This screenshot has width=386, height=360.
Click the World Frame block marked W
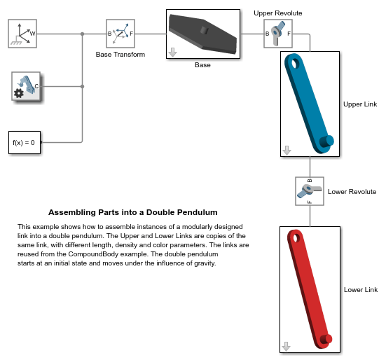tap(23, 33)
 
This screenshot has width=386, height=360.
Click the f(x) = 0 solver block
tap(24, 142)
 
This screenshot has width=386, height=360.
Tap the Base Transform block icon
tap(120, 33)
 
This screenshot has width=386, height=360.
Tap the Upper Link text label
tap(360, 104)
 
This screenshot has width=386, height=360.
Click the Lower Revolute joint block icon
tap(310, 191)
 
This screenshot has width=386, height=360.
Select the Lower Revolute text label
tap(352, 191)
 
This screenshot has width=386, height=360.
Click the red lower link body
tap(309, 287)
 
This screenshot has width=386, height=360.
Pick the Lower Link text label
tap(361, 289)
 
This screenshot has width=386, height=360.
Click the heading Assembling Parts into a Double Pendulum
tap(133, 212)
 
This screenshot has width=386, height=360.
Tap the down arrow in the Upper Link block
tap(286, 150)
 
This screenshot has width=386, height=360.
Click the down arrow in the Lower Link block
tap(286, 346)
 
